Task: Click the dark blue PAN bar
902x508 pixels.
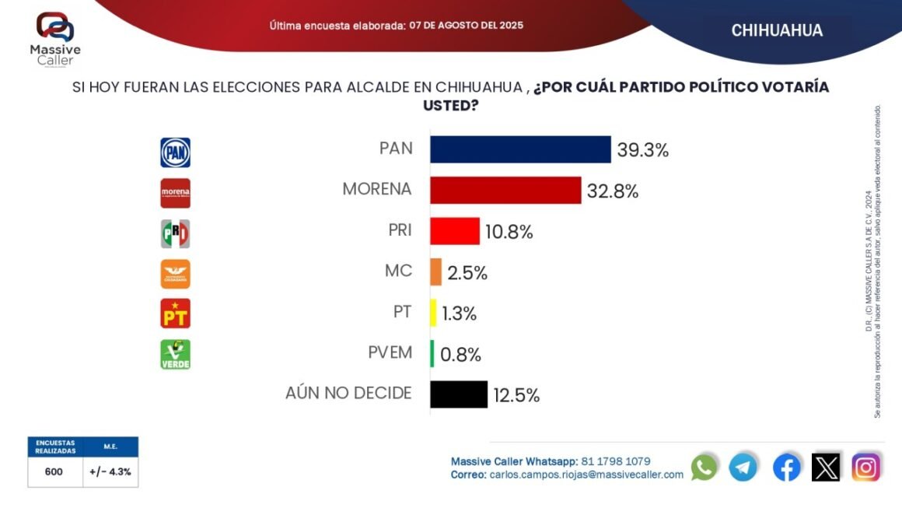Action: pos(520,149)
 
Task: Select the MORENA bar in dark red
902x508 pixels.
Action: pos(505,191)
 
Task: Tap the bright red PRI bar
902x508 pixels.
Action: pos(455,231)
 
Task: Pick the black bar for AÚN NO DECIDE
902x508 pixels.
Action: pos(459,394)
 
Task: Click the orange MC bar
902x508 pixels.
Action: pos(436,272)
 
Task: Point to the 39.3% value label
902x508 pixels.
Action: pos(643,150)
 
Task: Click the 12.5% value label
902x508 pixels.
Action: pos(516,395)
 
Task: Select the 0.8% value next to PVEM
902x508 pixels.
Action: pos(461,355)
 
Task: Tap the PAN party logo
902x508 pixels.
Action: pos(175,152)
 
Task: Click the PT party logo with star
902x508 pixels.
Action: pos(175,314)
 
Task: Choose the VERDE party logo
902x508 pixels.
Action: pos(175,354)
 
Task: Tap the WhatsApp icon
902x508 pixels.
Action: pos(704,467)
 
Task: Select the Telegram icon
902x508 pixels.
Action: pos(743,467)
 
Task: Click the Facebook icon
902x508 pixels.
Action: pos(787,467)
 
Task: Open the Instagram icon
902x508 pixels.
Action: pos(866,467)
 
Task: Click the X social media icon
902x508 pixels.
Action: pos(826,467)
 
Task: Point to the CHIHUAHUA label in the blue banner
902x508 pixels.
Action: pos(777,30)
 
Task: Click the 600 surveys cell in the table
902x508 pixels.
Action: pos(54,471)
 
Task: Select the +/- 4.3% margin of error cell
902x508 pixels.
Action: pos(110,471)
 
